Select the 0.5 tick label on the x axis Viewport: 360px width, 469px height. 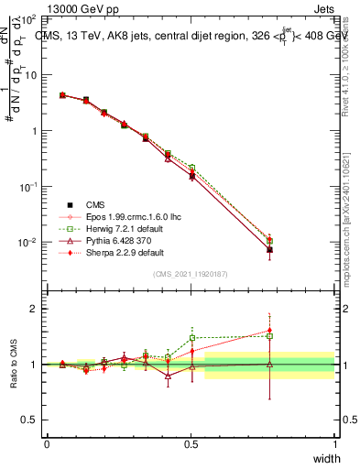coord(191,444)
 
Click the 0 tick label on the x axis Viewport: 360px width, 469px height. coord(47,444)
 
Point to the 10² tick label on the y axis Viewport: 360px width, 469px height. coord(29,18)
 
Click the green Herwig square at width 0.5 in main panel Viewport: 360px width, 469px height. coord(191,168)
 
